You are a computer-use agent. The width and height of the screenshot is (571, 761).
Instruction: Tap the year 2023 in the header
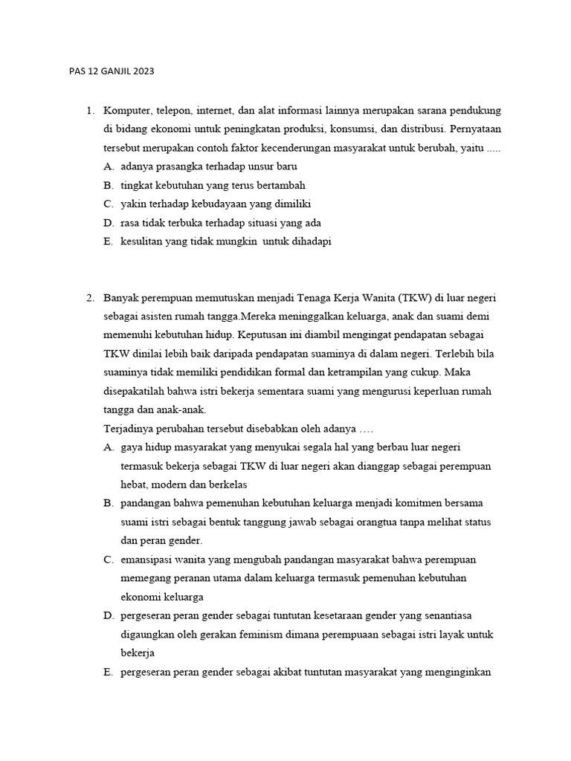[x=143, y=72]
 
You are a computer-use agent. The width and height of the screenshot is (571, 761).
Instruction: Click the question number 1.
[x=89, y=111]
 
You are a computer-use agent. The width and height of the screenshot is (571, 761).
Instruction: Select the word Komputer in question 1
[x=126, y=111]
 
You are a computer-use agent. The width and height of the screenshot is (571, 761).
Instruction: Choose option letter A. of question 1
[x=109, y=166]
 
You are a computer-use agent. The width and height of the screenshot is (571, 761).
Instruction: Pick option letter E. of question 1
[x=109, y=241]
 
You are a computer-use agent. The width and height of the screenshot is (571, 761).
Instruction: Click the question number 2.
[x=89, y=298]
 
